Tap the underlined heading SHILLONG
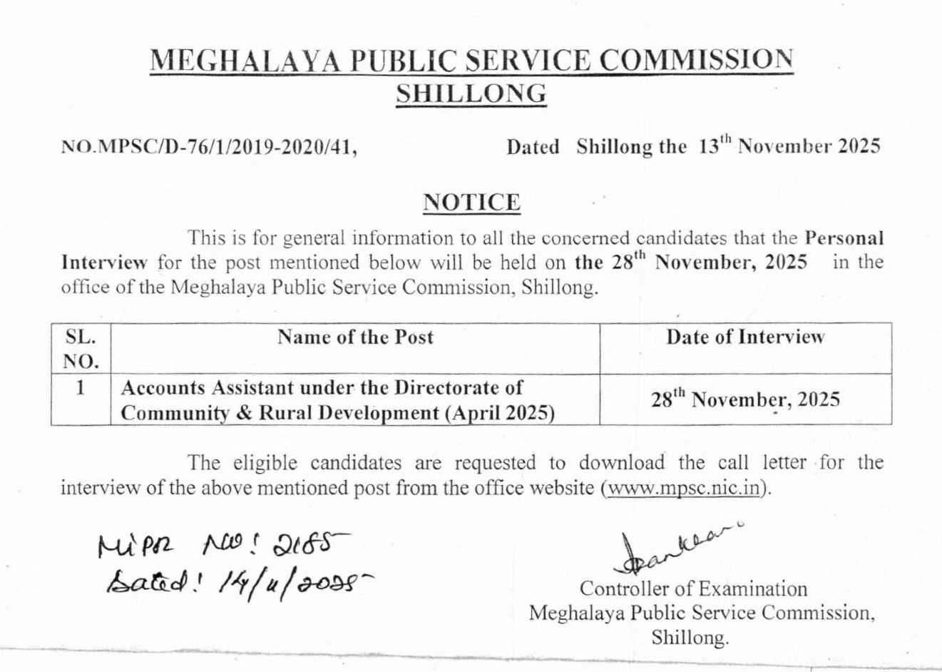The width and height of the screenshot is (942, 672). tap(471, 93)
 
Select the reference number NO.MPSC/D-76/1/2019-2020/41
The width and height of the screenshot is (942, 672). tap(209, 148)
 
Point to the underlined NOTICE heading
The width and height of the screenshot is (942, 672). tap(471, 203)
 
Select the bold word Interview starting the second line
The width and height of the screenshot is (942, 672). tap(103, 262)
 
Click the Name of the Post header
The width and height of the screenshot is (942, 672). tap(355, 337)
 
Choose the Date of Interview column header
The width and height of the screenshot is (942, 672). tap(745, 337)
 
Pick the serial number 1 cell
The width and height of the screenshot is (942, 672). tap(81, 388)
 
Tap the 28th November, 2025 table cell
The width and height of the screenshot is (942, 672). tap(745, 399)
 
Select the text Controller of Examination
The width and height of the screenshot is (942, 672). tap(693, 589)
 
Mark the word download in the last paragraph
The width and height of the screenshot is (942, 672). tap(621, 462)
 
